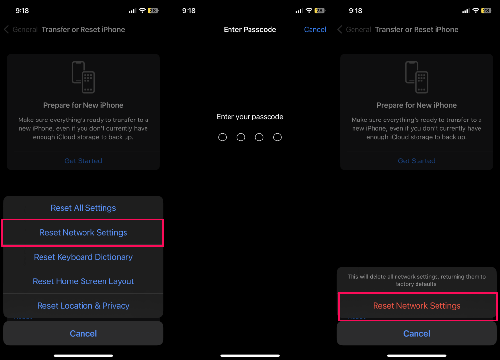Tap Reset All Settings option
pos(83,208)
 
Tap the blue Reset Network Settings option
pos(83,233)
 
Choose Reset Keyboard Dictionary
pos(83,257)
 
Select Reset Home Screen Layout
pos(83,281)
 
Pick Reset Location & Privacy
pos(83,306)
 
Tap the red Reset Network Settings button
pos(417,306)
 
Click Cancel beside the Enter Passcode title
pos(315,30)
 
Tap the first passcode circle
pos(223,137)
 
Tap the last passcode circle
pos(278,137)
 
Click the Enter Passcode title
pos(250,30)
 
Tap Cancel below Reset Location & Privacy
pos(83,334)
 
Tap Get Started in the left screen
pos(83,161)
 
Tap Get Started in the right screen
pos(417,161)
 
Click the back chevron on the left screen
pos(6,30)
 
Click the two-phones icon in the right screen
pos(417,78)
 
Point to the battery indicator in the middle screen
pos(319,11)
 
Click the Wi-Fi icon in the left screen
pos(142,11)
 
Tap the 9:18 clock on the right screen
pos(355,11)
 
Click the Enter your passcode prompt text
pos(250,117)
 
